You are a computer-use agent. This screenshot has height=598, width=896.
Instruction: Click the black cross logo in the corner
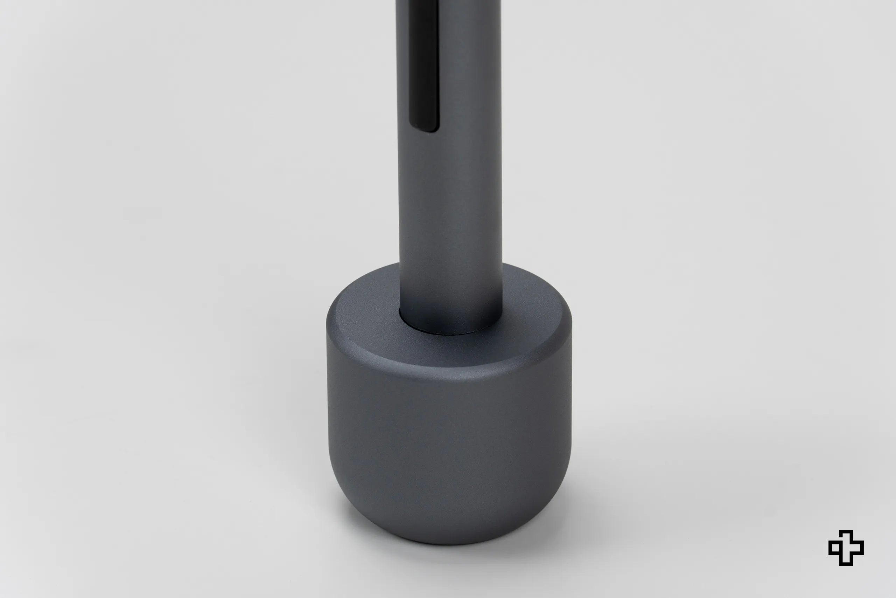click(x=846, y=548)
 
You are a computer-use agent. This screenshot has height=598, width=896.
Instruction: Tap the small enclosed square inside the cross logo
click(x=835, y=548)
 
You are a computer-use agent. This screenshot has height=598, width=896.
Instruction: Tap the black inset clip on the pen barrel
click(x=423, y=65)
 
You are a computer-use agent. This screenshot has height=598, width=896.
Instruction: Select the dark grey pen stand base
click(x=449, y=439)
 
